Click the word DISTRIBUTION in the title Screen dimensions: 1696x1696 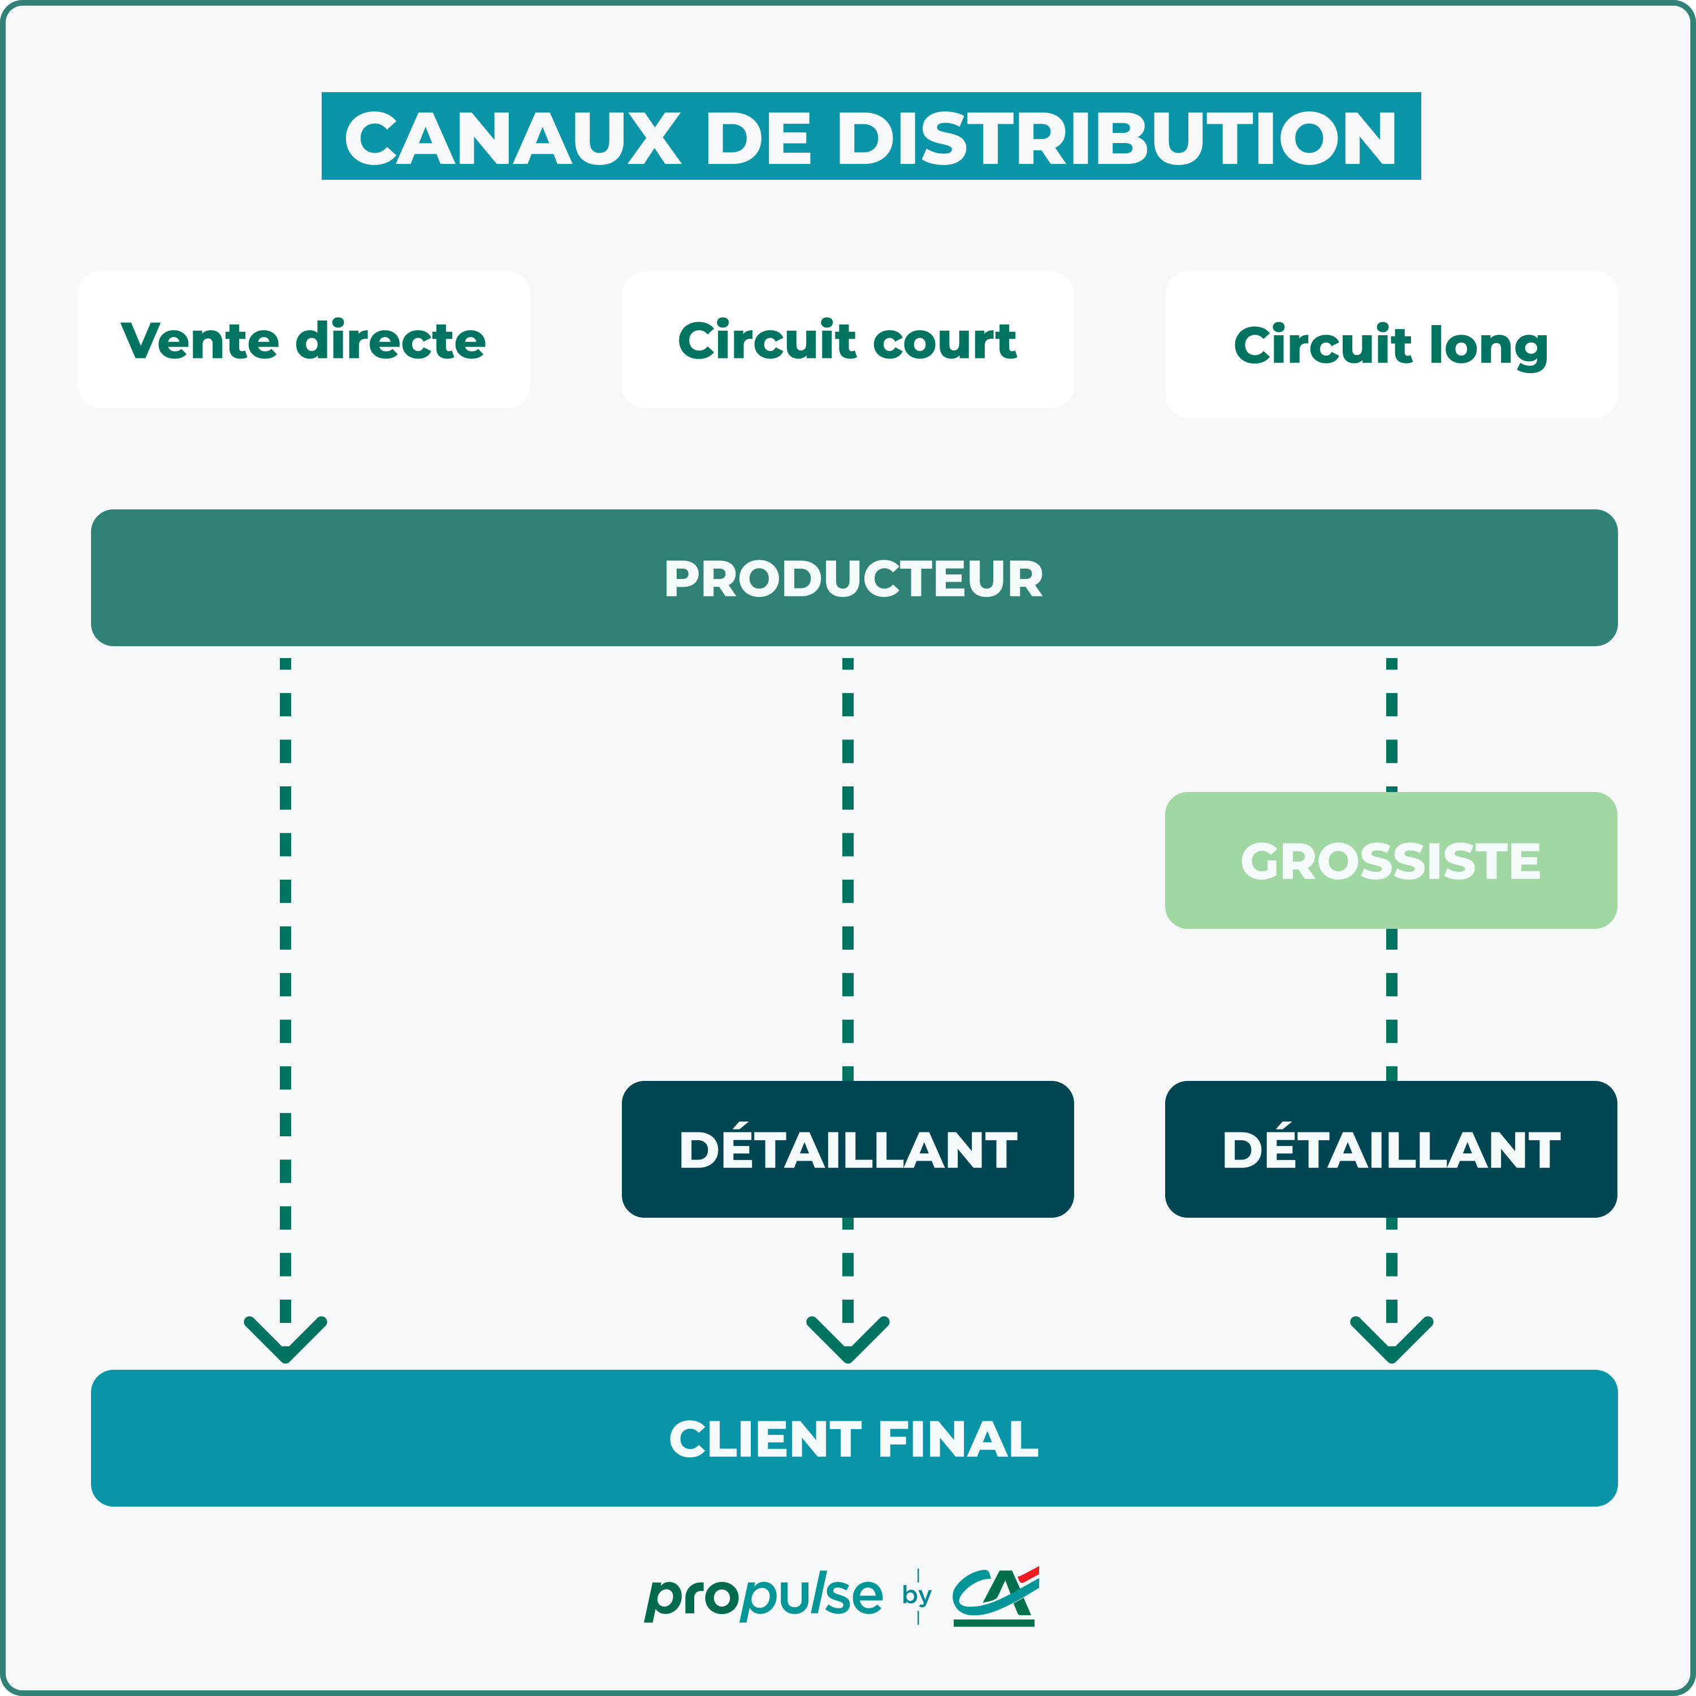[1116, 139]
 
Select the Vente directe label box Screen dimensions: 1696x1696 [304, 340]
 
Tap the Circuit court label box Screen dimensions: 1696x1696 [847, 340]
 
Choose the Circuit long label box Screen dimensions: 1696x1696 [1391, 344]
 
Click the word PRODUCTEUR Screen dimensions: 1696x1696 [853, 578]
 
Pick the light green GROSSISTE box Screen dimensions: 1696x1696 [1391, 860]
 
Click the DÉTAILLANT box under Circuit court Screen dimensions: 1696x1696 [847, 1149]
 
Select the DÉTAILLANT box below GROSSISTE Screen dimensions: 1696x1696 [1391, 1149]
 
